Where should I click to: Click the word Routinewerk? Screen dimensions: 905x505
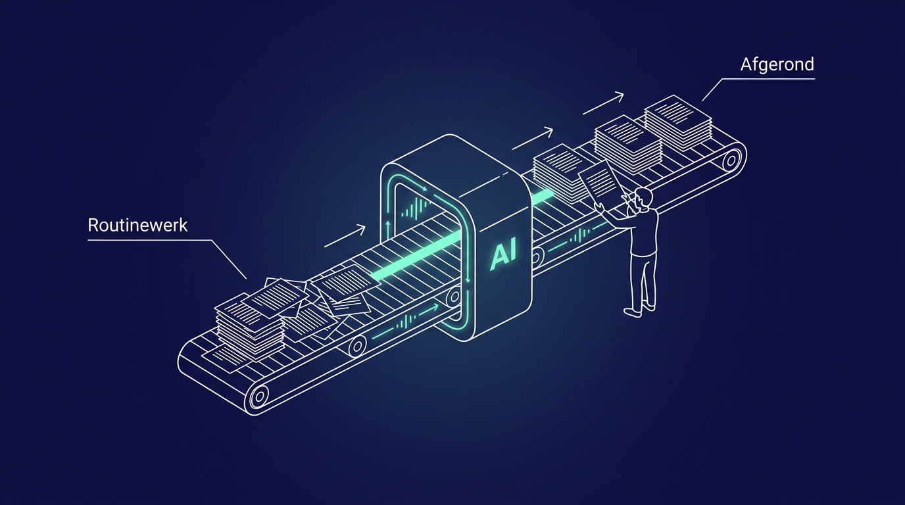coord(137,225)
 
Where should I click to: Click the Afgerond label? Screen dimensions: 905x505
coord(777,64)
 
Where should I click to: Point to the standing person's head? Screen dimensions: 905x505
coord(643,199)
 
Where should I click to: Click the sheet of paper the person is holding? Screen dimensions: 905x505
coord(600,181)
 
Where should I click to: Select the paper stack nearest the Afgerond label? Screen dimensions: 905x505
coord(678,122)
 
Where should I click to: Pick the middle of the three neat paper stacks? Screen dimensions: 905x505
coord(628,145)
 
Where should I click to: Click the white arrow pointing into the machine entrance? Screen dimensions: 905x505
coord(345,236)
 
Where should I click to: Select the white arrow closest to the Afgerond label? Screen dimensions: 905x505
coord(603,103)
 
